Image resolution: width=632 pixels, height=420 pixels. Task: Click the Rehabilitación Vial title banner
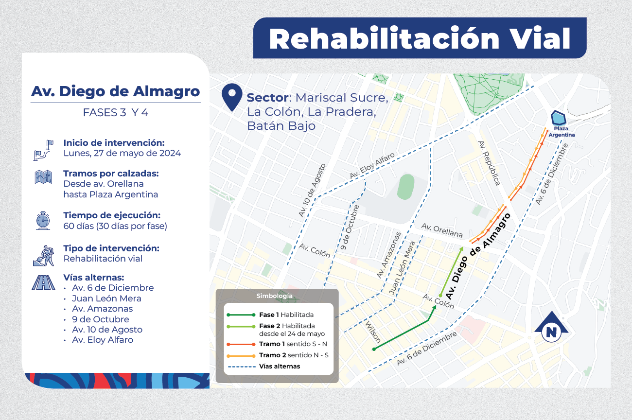(420, 38)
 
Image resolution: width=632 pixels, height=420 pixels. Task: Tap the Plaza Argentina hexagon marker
(558, 118)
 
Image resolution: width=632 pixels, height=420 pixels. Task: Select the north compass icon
(551, 330)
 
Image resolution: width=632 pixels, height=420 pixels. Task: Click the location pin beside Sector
(231, 97)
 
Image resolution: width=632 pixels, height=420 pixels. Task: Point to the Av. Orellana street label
(441, 230)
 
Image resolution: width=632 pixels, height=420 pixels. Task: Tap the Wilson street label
(373, 331)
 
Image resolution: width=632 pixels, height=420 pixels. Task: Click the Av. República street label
(489, 163)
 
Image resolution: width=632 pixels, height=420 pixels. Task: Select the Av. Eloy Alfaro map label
(372, 166)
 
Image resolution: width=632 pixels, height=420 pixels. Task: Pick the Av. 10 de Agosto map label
(313, 190)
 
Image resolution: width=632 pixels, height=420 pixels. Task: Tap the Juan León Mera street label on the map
(402, 268)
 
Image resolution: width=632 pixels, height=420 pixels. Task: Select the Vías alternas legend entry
(279, 366)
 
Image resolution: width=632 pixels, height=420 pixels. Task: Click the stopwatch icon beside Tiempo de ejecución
(43, 220)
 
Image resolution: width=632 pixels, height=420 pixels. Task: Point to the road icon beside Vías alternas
(43, 282)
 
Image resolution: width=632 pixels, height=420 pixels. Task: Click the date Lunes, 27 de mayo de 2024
(122, 153)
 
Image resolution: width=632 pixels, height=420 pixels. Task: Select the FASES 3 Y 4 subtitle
(116, 112)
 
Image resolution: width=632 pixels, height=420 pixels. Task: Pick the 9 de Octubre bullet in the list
(101, 319)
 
